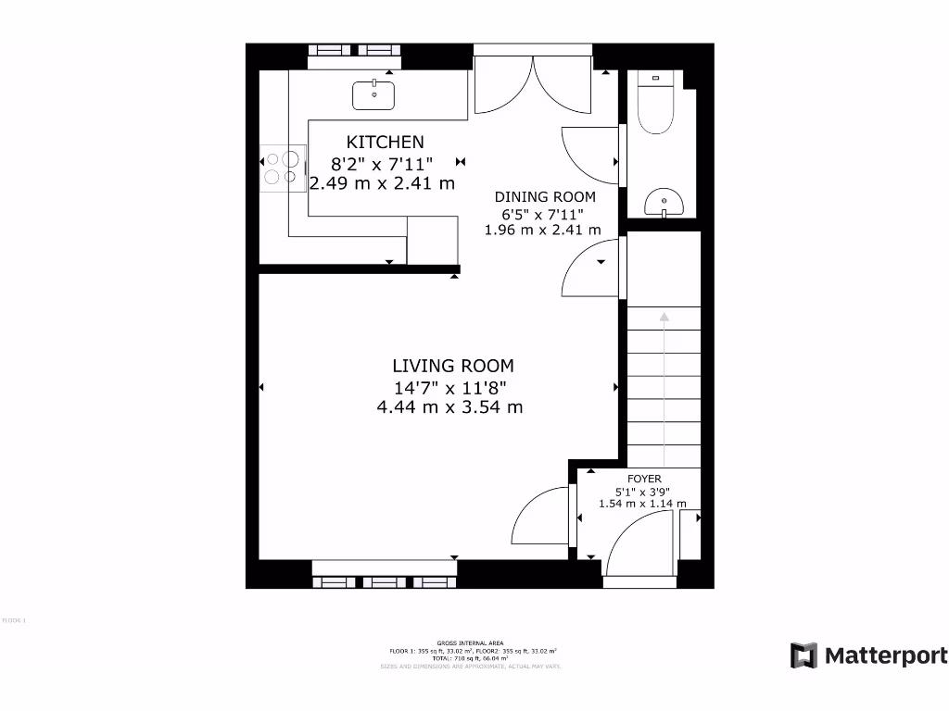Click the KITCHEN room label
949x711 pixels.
click(385, 142)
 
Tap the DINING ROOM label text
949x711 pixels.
click(545, 196)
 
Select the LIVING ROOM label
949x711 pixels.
click(452, 366)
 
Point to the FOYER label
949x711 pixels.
click(644, 479)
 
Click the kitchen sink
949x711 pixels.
click(374, 94)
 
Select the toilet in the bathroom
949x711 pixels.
click(660, 107)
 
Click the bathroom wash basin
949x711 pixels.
click(664, 200)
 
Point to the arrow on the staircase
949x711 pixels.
click(664, 319)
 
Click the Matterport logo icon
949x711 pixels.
click(803, 655)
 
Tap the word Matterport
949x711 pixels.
click(886, 655)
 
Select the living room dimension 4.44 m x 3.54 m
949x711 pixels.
click(449, 406)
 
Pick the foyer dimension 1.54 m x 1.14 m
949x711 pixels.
click(642, 504)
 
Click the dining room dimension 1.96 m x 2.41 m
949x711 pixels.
click(543, 230)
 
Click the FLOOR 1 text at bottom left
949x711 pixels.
click(15, 620)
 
